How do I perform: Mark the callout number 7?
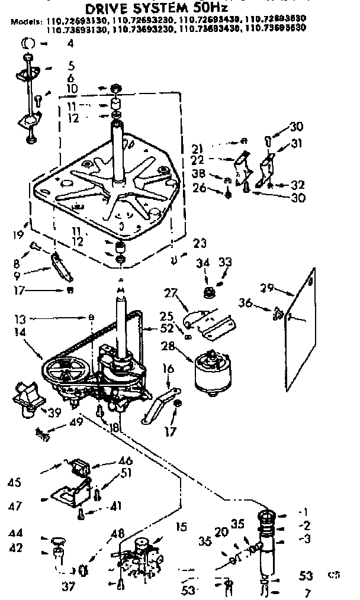click(x=306, y=592)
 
